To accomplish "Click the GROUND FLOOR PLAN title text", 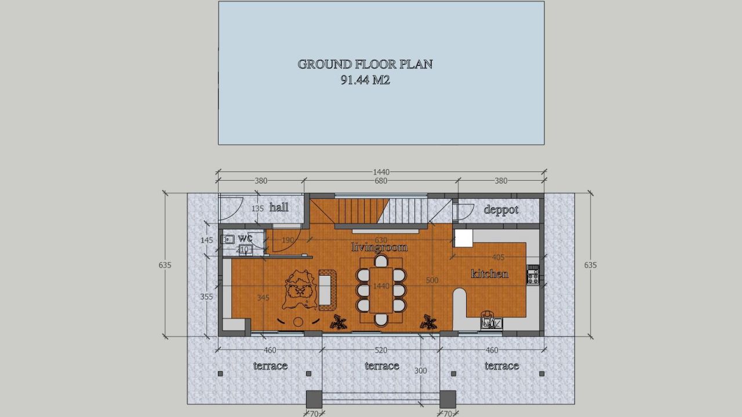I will (x=365, y=64).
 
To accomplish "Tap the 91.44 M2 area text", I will (x=365, y=81).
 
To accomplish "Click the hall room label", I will (x=279, y=207).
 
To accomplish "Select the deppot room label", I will (x=501, y=210).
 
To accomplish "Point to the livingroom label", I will (x=379, y=247).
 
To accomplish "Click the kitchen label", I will (x=490, y=273).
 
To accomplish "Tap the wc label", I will (x=245, y=238).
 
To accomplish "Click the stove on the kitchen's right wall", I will (x=533, y=275).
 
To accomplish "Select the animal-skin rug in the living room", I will (x=300, y=290).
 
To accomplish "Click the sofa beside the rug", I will (x=326, y=288).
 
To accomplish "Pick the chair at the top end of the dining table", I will (x=381, y=261).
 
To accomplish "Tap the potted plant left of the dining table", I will (x=339, y=322).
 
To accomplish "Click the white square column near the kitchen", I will (x=463, y=237).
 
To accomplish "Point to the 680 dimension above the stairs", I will (x=381, y=181).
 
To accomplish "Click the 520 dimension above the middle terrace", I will (x=381, y=350).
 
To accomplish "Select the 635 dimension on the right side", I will (x=590, y=265).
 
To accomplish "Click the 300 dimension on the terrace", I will (x=420, y=371).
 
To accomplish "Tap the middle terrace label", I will (x=381, y=365).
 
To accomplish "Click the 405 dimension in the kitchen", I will (x=498, y=257).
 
